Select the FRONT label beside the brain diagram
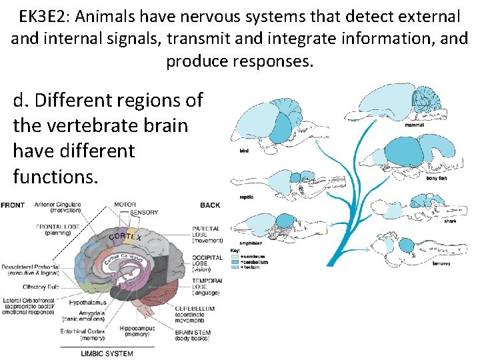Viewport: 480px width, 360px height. click(13, 205)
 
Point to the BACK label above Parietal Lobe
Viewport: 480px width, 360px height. click(209, 205)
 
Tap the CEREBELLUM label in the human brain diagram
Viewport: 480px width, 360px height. click(213, 309)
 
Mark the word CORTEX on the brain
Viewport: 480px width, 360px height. click(125, 236)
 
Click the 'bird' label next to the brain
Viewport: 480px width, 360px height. click(244, 151)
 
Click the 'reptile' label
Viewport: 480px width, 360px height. click(247, 197)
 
